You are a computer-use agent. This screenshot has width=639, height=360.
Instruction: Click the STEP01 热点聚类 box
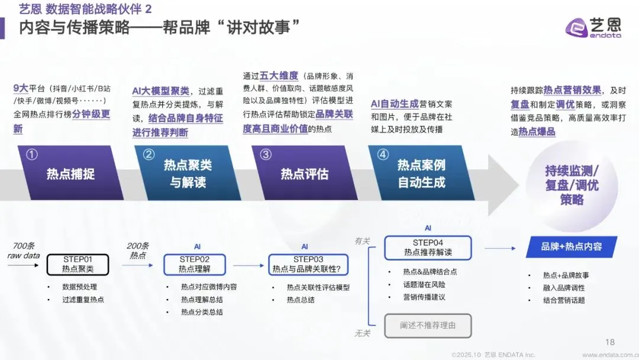pyautogui.click(x=78, y=264)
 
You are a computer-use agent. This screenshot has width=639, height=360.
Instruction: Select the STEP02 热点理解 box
pyautogui.click(x=195, y=264)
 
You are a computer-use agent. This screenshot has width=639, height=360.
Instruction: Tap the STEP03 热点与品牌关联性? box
pyautogui.click(x=308, y=264)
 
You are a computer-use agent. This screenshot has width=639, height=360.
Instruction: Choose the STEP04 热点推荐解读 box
pyautogui.click(x=428, y=247)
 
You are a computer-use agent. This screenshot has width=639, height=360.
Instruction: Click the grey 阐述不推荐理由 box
pyautogui.click(x=428, y=326)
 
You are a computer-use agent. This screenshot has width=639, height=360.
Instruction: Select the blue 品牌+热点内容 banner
pyautogui.click(x=572, y=247)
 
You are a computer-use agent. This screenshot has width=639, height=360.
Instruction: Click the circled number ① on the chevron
pyautogui.click(x=33, y=155)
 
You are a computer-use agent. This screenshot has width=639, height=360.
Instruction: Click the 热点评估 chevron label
pyautogui.click(x=304, y=174)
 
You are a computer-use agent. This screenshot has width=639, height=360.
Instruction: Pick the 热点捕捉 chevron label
pyautogui.click(x=70, y=174)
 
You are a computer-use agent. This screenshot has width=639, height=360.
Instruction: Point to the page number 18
pyautogui.click(x=610, y=342)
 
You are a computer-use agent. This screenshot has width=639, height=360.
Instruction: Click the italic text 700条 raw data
pyautogui.click(x=23, y=250)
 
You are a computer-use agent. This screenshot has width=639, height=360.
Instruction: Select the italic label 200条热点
pyautogui.click(x=137, y=250)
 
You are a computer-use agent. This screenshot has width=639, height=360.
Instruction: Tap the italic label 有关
pyautogui.click(x=362, y=241)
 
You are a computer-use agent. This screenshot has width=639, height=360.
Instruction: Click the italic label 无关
pyautogui.click(x=362, y=333)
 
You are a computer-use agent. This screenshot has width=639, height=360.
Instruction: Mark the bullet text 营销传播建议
pyautogui.click(x=424, y=297)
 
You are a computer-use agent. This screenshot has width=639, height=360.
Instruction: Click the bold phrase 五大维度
pyautogui.click(x=279, y=76)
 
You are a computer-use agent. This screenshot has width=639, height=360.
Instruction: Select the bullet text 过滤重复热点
pyautogui.click(x=83, y=300)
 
